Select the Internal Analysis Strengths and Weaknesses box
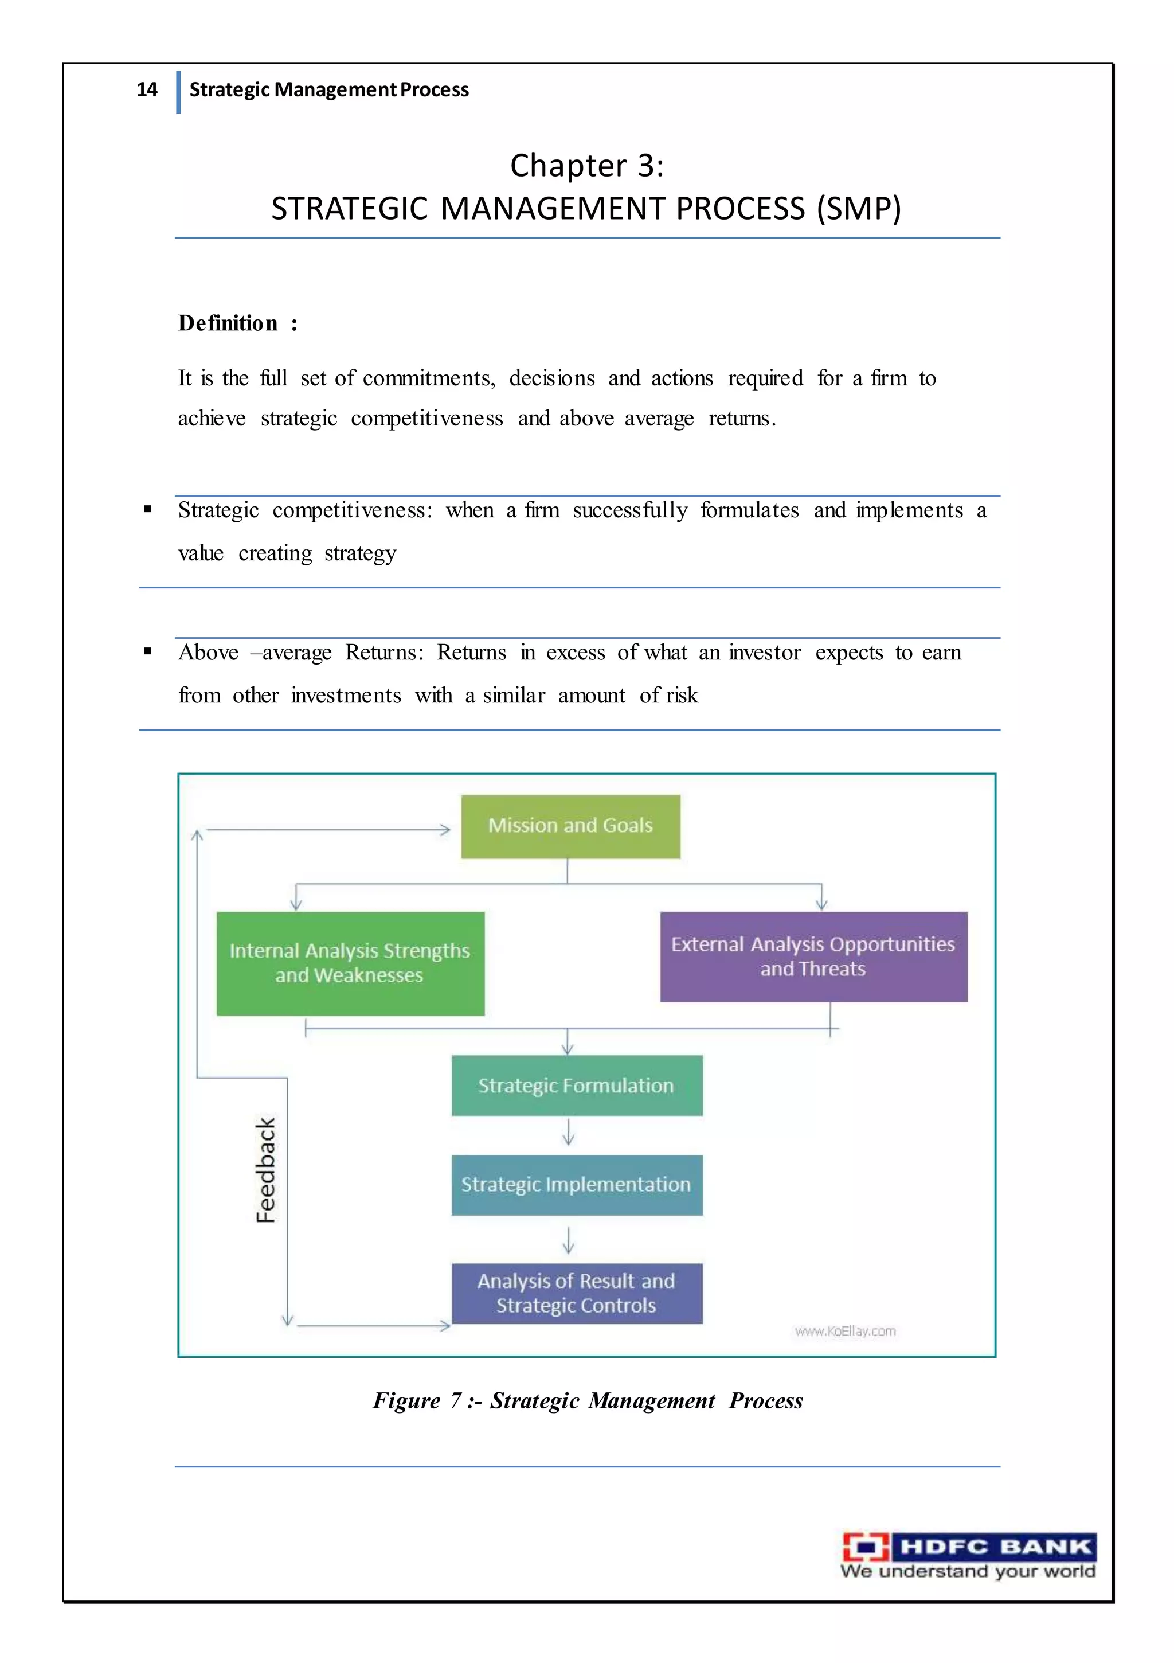[x=350, y=963]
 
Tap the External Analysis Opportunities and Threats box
[x=813, y=957]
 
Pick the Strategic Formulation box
[x=577, y=1085]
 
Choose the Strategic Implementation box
[x=577, y=1185]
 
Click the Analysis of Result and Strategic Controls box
[x=577, y=1293]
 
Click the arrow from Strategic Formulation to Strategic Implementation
[x=569, y=1133]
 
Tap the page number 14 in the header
[x=147, y=90]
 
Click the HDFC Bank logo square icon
[x=866, y=1547]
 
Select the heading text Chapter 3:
[x=586, y=166]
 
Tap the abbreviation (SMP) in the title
[x=859, y=209]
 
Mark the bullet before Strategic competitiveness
[x=148, y=509]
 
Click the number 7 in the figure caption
[x=456, y=1401]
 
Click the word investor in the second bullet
[x=765, y=653]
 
